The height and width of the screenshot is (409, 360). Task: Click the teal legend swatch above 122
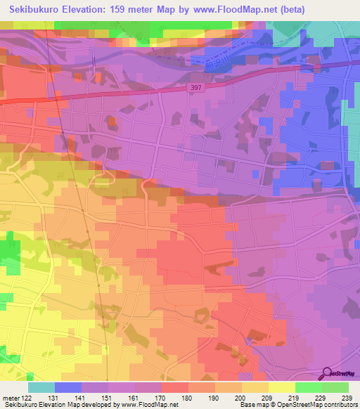pyautogui.click(x=41, y=387)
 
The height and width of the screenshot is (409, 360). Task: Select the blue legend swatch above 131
pyautogui.click(x=67, y=387)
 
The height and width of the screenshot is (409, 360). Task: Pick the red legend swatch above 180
pyautogui.click(x=174, y=387)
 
